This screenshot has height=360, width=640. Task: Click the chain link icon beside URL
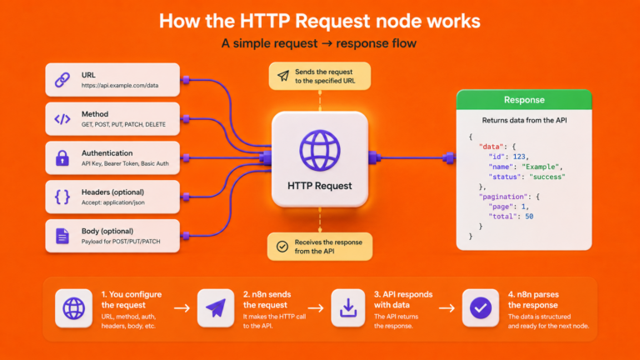pos(62,80)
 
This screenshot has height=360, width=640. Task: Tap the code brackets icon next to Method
pos(62,119)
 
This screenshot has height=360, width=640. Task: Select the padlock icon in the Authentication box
pos(62,158)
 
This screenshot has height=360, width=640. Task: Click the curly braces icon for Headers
pos(62,197)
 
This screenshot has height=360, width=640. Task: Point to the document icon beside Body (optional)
pos(62,236)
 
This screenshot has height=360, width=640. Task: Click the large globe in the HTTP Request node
pos(320,150)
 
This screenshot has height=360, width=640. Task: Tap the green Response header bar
pos(524,100)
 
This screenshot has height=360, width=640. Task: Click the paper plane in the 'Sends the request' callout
pos(283,76)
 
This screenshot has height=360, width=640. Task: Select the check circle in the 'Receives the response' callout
pos(282,247)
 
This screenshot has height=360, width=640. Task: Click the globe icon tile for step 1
pos(74,308)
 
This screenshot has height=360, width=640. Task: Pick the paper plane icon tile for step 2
pos(216,308)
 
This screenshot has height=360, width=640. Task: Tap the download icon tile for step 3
pos(348,308)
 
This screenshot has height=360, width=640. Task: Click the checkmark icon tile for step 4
pos(480,308)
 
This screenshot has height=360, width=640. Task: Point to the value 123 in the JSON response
pos(519,157)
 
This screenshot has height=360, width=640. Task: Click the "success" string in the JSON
pos(547,177)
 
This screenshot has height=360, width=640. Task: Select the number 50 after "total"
pos(529,217)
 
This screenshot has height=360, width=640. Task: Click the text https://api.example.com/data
pos(120,85)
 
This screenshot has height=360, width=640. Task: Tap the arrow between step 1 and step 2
pos(182,308)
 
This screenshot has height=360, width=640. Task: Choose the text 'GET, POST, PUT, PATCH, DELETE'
pos(123,124)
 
